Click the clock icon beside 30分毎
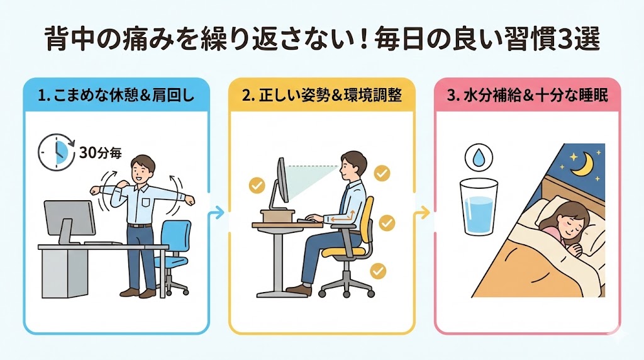(x=56, y=152)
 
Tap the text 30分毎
(x=101, y=153)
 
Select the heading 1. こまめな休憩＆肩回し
(x=116, y=96)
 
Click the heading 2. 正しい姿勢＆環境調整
(x=321, y=96)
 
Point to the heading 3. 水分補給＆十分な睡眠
(x=528, y=96)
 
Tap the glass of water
(x=479, y=206)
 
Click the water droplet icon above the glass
(x=479, y=157)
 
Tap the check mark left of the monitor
(x=257, y=185)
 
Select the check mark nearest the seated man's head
(x=382, y=173)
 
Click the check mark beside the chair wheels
(x=378, y=271)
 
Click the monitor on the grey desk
(x=69, y=222)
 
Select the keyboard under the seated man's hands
(x=311, y=221)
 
